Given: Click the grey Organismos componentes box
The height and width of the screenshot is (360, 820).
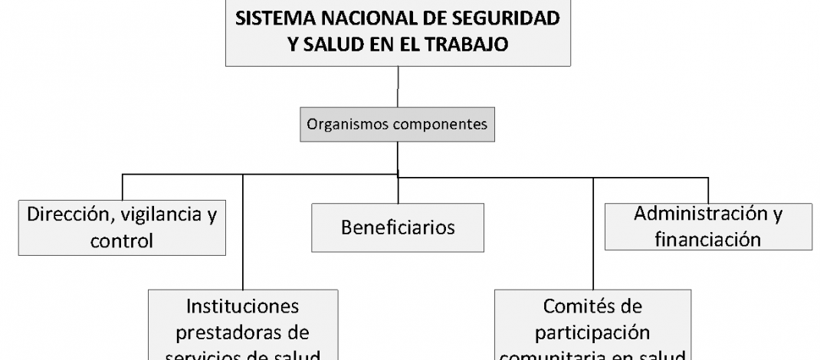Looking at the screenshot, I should [x=397, y=124].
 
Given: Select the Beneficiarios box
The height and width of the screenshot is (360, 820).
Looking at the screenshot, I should [x=398, y=227].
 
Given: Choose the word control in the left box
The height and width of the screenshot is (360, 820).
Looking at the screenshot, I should [x=121, y=241].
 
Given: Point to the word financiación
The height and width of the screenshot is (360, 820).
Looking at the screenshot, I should [x=707, y=239].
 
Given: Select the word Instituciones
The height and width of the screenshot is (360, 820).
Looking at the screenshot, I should [x=243, y=306].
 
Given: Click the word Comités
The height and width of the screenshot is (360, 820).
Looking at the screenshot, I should [x=592, y=306].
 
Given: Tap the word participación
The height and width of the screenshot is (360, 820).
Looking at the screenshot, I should [x=592, y=333].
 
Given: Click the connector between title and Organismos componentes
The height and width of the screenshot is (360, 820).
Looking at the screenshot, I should [x=397, y=87].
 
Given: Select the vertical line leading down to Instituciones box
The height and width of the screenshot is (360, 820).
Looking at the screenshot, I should [x=243, y=230].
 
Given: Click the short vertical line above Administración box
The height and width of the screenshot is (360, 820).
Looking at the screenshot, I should [x=707, y=189].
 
